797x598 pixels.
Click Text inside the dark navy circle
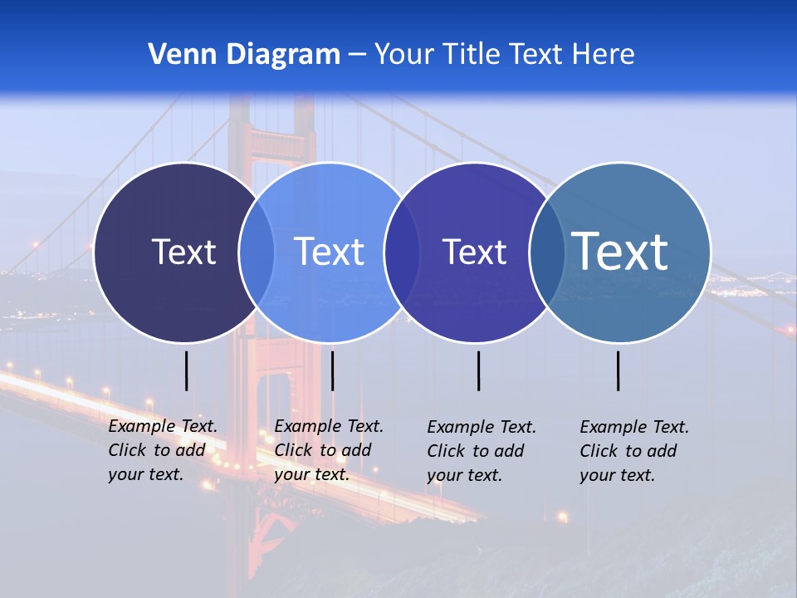(x=183, y=252)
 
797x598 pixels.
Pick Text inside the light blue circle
(x=329, y=252)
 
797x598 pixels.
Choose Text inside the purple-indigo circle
(x=474, y=252)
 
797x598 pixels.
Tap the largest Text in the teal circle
(x=620, y=252)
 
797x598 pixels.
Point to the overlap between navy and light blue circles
(x=257, y=252)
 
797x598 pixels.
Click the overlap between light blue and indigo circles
(x=402, y=252)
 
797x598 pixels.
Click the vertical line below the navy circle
(x=187, y=370)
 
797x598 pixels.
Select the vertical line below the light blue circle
(x=332, y=370)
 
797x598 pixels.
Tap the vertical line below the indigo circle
(x=478, y=370)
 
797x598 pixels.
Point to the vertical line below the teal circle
(x=618, y=370)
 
